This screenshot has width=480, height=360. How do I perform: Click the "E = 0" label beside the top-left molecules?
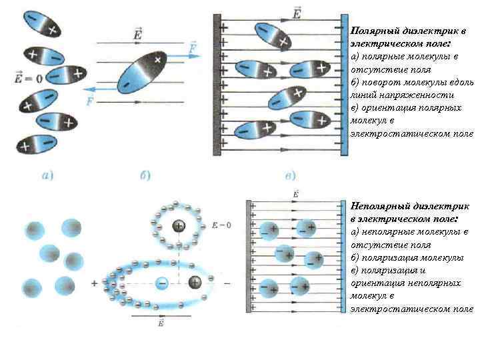pos(28,79)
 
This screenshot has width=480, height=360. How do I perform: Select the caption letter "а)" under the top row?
pos(48,176)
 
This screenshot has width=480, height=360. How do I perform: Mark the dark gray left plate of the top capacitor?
pos(217,85)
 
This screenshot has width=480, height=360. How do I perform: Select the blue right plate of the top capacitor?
pos(344,85)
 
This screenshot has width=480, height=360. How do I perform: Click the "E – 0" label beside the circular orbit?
pos(220,225)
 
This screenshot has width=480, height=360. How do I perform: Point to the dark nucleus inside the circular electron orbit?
pos(179,227)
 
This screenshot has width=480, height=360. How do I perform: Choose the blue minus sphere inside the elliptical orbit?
pos(161,283)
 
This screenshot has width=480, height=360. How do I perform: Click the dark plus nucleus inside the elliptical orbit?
pos(195,283)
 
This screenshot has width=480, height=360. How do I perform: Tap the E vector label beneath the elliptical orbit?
pos(161,323)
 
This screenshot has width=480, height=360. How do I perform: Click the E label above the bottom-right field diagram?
pos(295,193)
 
